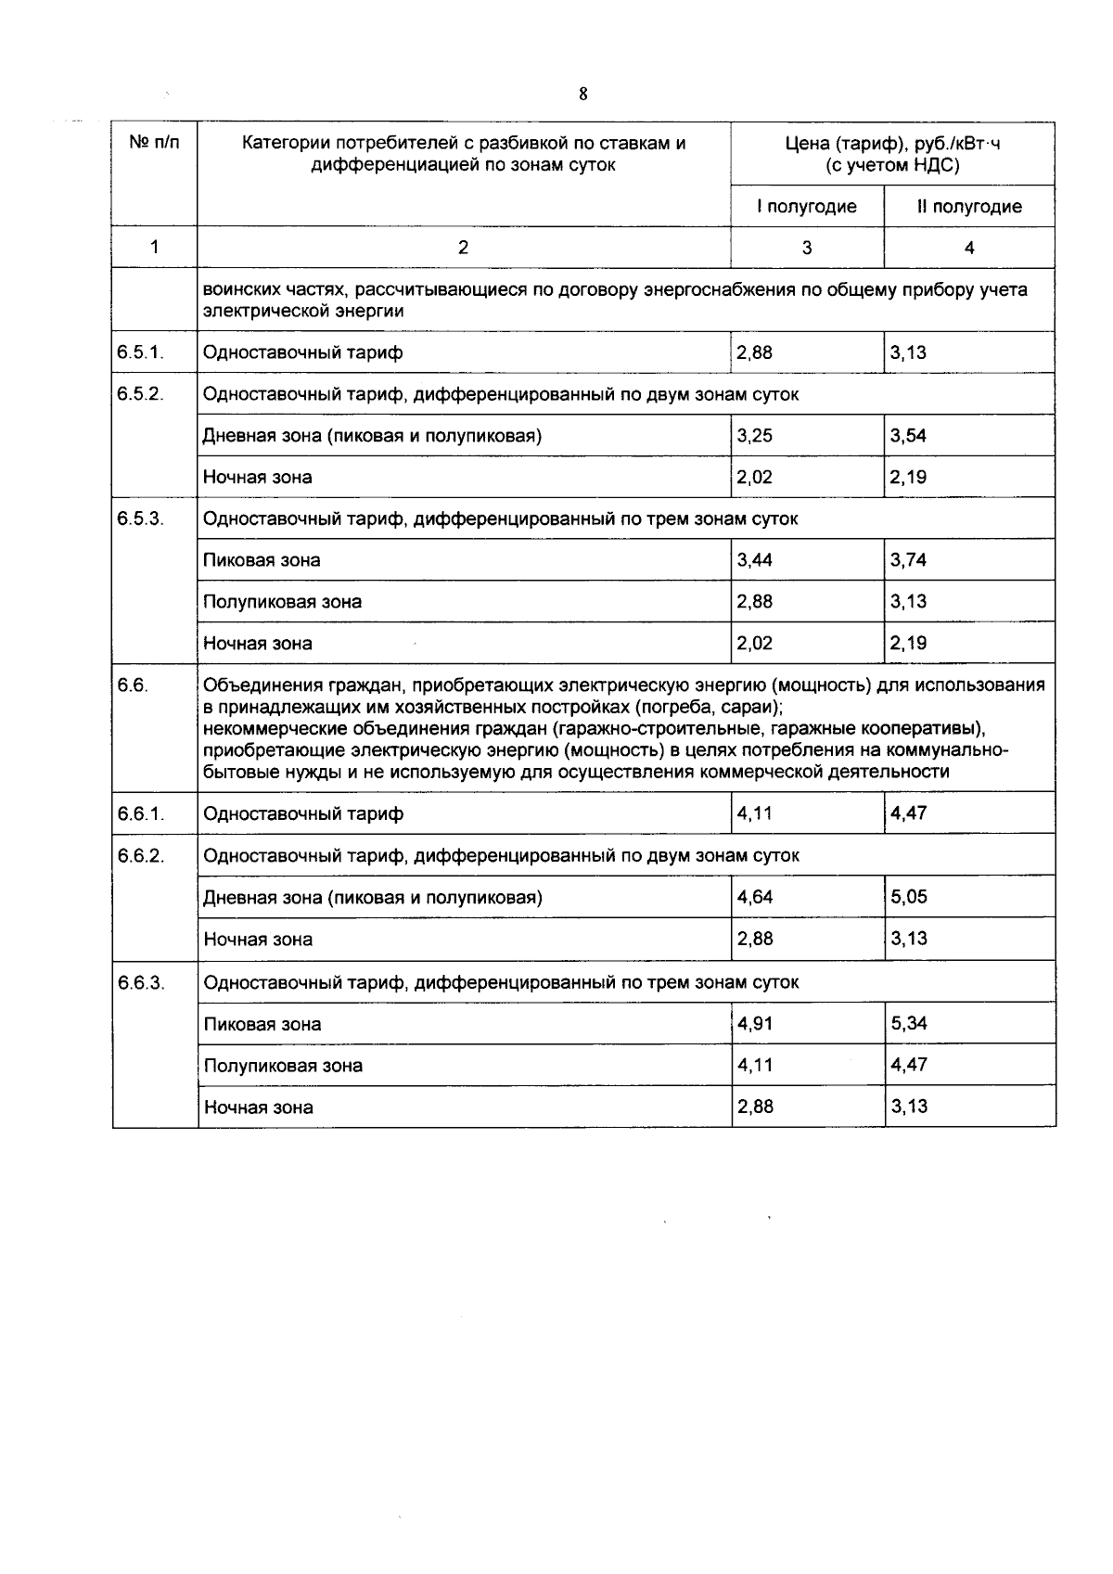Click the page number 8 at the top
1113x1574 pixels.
click(x=582, y=94)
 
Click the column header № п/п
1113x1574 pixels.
click(x=154, y=143)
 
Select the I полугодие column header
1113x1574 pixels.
click(x=806, y=206)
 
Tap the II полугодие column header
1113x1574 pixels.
click(x=969, y=206)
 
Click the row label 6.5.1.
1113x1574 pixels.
click(x=141, y=352)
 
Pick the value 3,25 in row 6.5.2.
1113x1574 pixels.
click(x=754, y=436)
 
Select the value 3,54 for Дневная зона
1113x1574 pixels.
click(x=908, y=436)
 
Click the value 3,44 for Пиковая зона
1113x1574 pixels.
click(x=754, y=560)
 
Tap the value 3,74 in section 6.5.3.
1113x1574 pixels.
click(x=908, y=560)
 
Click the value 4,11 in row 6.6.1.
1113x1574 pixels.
click(x=754, y=813)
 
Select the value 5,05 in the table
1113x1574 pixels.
click(x=909, y=897)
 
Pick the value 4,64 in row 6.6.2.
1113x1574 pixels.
click(x=754, y=897)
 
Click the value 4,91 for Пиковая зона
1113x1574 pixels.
click(x=754, y=1024)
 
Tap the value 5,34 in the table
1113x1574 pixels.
click(x=909, y=1024)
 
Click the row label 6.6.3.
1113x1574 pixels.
click(x=141, y=982)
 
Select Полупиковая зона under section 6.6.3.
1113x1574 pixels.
click(x=283, y=1066)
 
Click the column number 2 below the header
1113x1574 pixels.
click(x=464, y=247)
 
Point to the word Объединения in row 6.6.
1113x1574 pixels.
click(x=259, y=685)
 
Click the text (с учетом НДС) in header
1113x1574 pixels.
click(x=892, y=166)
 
